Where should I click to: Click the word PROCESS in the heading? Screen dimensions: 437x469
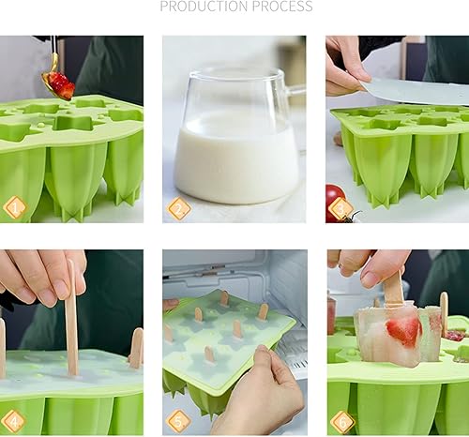pos(279,7)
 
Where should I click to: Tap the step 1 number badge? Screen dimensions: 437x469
pos(14,207)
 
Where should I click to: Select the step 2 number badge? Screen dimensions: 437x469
pos(178,207)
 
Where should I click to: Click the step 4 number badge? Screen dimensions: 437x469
pos(14,421)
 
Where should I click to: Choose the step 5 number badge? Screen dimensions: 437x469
pos(178,421)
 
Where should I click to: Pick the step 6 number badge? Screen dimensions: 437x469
pos(341,421)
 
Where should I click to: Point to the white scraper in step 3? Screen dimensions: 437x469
pos(413,91)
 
